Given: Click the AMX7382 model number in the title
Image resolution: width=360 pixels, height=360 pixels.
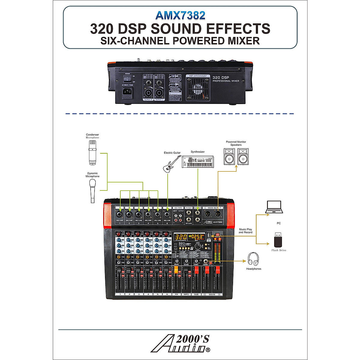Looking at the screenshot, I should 180,15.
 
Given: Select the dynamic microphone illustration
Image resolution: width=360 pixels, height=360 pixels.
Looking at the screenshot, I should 92,191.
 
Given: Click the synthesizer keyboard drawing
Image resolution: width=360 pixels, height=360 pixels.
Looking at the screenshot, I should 198,162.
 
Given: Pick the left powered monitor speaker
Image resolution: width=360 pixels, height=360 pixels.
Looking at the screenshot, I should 229,157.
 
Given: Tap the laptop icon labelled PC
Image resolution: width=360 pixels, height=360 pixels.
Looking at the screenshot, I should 274,207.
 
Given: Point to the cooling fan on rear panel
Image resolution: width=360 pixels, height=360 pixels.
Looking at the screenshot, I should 198,88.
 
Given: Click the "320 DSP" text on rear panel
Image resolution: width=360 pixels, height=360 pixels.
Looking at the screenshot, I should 221,78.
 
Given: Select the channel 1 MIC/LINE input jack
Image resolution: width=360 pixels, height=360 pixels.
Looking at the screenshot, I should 120,214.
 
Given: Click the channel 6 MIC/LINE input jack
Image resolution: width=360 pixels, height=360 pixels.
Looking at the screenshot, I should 167,214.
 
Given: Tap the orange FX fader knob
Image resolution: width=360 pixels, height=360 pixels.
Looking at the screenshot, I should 176,269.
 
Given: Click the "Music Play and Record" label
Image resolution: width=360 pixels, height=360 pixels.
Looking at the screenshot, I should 245,231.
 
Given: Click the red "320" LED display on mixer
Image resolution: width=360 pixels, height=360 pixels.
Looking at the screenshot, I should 181,237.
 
